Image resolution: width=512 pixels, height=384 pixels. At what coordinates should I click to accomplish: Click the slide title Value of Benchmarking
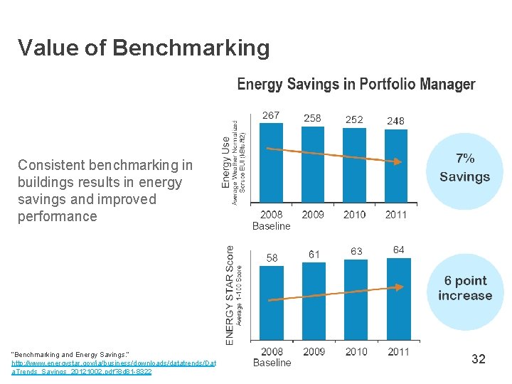[144, 48]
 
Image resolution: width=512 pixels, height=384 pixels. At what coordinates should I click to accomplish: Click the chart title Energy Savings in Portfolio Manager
[356, 85]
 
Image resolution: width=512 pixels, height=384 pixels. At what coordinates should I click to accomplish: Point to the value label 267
[271, 115]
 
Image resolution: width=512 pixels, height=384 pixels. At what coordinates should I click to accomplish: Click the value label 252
[353, 119]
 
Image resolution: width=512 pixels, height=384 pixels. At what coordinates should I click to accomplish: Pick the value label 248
[395, 121]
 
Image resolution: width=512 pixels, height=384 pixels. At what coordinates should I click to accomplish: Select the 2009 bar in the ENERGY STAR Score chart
[314, 302]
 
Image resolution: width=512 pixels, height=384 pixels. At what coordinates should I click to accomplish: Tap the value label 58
[272, 257]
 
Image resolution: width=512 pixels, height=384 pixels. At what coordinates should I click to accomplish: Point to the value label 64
[398, 249]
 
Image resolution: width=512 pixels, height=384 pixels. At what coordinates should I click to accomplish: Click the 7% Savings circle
[464, 169]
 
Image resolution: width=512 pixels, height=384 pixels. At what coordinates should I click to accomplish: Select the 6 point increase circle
[465, 288]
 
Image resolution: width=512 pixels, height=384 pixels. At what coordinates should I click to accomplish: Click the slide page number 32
[479, 359]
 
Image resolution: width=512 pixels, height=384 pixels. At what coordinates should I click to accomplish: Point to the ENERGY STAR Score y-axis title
[230, 295]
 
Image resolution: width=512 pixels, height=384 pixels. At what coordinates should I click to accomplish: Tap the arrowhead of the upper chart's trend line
[400, 161]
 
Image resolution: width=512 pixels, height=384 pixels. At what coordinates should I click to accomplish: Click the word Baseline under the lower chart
[272, 363]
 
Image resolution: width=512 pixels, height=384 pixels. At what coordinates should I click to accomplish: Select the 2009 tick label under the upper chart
[312, 214]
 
